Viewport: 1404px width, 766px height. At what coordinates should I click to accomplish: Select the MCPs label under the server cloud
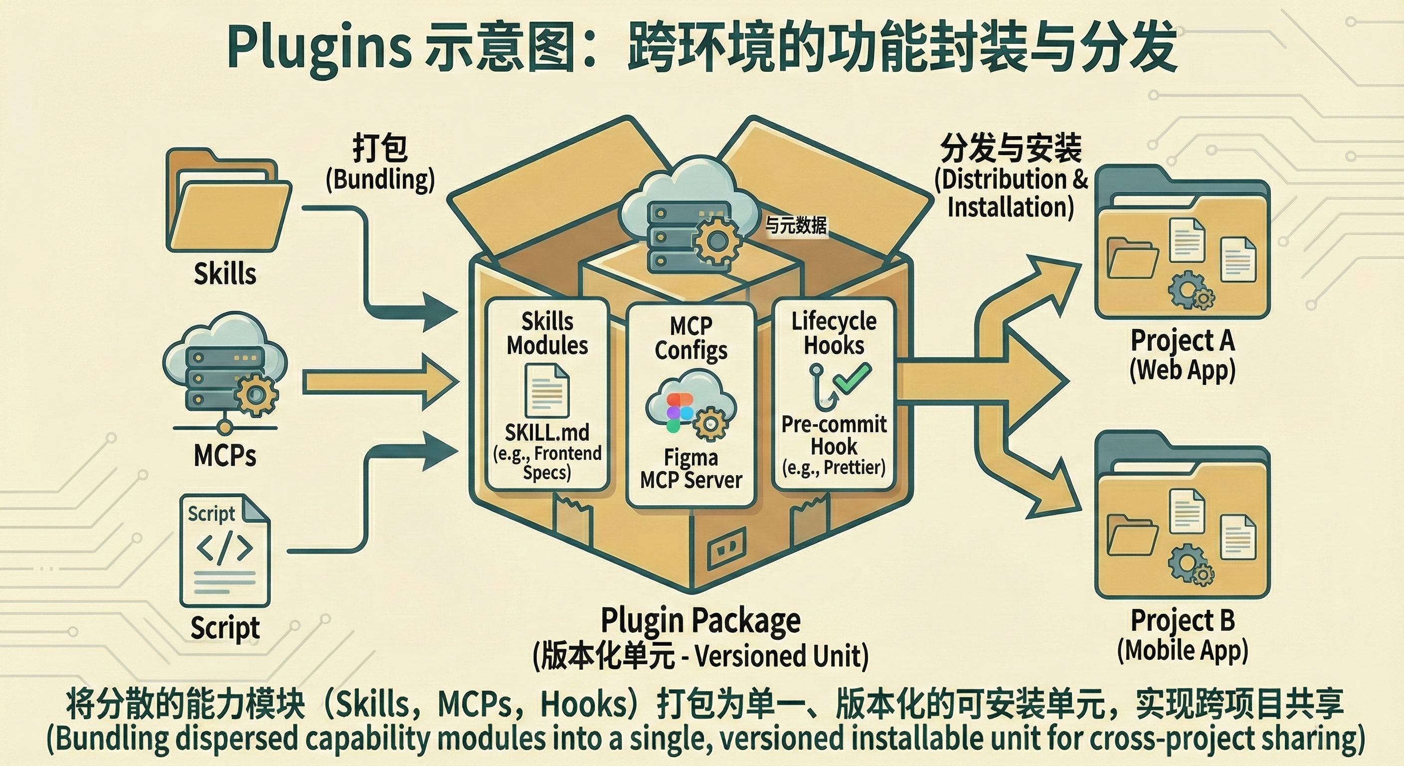coord(224,455)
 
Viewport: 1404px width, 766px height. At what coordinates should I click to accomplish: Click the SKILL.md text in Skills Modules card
coord(546,432)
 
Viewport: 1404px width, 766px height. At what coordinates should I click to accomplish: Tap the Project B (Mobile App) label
coord(1182,635)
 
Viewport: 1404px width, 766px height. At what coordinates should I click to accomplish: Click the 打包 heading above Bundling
coord(380,148)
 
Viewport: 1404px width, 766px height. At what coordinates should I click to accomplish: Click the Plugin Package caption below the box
coord(701,621)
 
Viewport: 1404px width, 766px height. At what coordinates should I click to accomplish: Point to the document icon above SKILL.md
coord(546,390)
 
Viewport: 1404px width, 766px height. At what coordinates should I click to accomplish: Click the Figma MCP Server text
coord(691,469)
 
